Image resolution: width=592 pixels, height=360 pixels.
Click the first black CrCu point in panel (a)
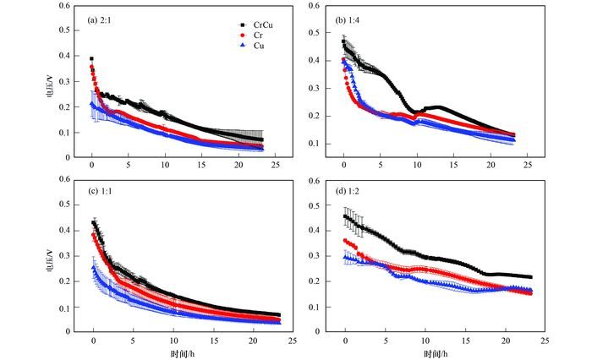click(91, 59)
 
